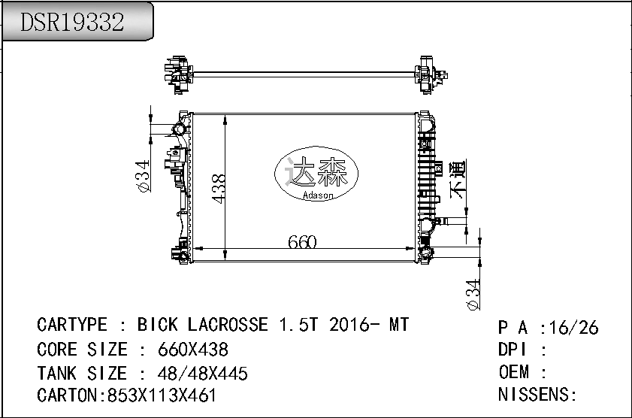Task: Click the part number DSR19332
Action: click(x=72, y=22)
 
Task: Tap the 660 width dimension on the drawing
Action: click(x=302, y=242)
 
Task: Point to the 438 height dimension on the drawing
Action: click(x=218, y=189)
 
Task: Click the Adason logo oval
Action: click(x=316, y=174)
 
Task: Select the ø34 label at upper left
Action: click(x=143, y=176)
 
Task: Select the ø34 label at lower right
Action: click(x=473, y=295)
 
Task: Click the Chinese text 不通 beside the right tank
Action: click(x=458, y=179)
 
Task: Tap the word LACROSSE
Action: click(x=228, y=325)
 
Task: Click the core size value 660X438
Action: click(x=193, y=350)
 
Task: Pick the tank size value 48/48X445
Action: click(x=202, y=374)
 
